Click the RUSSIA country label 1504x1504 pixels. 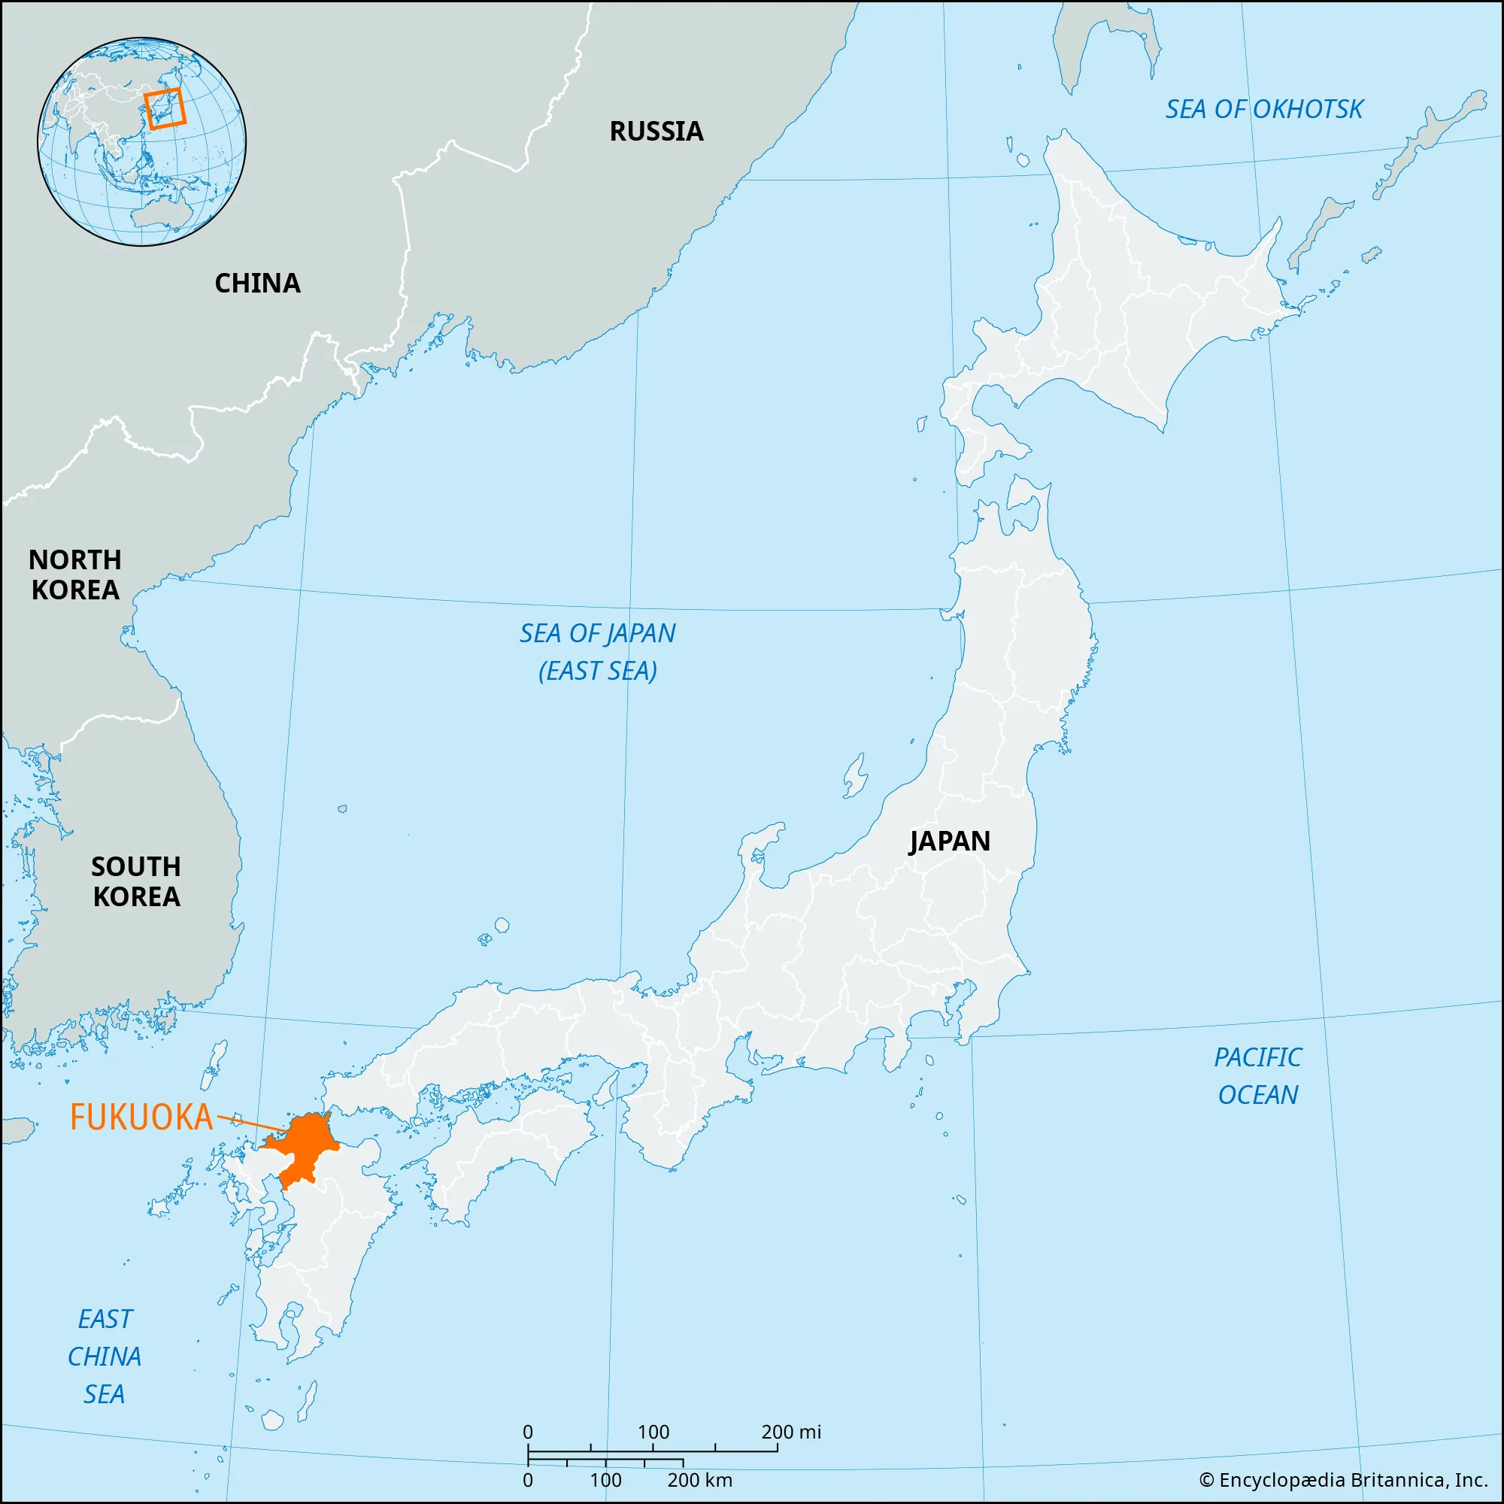656,132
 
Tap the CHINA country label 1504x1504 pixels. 257,284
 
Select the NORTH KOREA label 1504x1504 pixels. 74,575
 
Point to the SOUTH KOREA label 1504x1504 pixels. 136,881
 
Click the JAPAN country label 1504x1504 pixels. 949,841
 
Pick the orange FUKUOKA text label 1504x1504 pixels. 141,1117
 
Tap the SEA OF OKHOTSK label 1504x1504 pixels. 1263,110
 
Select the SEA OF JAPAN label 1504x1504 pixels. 597,634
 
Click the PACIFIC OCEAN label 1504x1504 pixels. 1257,1076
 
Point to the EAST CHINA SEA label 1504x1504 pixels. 105,1357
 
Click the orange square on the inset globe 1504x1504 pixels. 165,108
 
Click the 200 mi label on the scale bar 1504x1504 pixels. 791,1432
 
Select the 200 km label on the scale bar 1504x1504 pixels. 699,1480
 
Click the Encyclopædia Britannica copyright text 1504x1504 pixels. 1343,1480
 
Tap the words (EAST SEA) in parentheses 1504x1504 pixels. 597,671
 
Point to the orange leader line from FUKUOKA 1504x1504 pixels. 250,1123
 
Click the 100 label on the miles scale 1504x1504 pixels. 653,1432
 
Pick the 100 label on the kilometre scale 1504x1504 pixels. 605,1480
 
